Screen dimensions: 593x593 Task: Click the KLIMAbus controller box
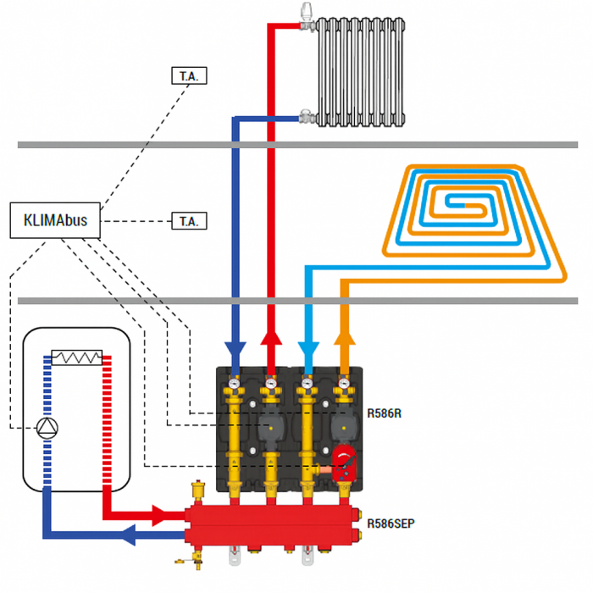click(x=54, y=221)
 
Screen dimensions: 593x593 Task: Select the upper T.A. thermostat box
click(x=188, y=76)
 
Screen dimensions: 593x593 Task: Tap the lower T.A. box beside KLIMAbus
click(x=188, y=221)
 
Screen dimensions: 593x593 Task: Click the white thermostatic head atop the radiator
click(x=306, y=13)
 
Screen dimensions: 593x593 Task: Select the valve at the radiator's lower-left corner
click(x=304, y=114)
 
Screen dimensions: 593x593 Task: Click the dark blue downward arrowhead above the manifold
click(x=235, y=351)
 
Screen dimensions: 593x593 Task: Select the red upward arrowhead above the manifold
click(x=270, y=340)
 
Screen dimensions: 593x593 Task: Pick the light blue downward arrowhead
click(x=308, y=351)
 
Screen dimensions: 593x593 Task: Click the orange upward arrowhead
click(x=343, y=340)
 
